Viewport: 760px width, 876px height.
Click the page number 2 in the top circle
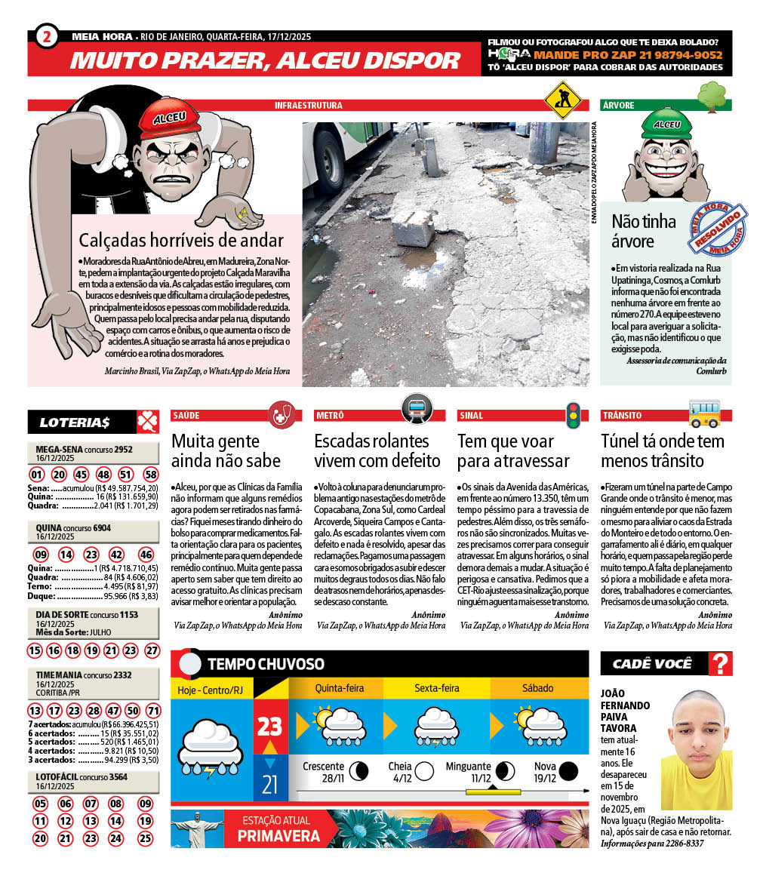(47, 36)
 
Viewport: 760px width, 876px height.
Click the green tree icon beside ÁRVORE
(712, 97)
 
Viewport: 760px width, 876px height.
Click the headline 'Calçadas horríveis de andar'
(181, 241)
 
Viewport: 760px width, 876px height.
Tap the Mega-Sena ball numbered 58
(151, 475)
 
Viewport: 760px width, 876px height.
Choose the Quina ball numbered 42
(117, 555)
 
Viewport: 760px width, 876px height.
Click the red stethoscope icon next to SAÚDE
(282, 414)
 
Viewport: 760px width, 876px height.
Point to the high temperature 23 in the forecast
(269, 727)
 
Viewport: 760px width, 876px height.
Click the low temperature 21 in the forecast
(269, 784)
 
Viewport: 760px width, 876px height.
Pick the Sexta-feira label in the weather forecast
(437, 688)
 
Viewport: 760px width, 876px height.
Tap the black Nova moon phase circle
(568, 770)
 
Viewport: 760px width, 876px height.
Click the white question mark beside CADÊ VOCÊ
(722, 664)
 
